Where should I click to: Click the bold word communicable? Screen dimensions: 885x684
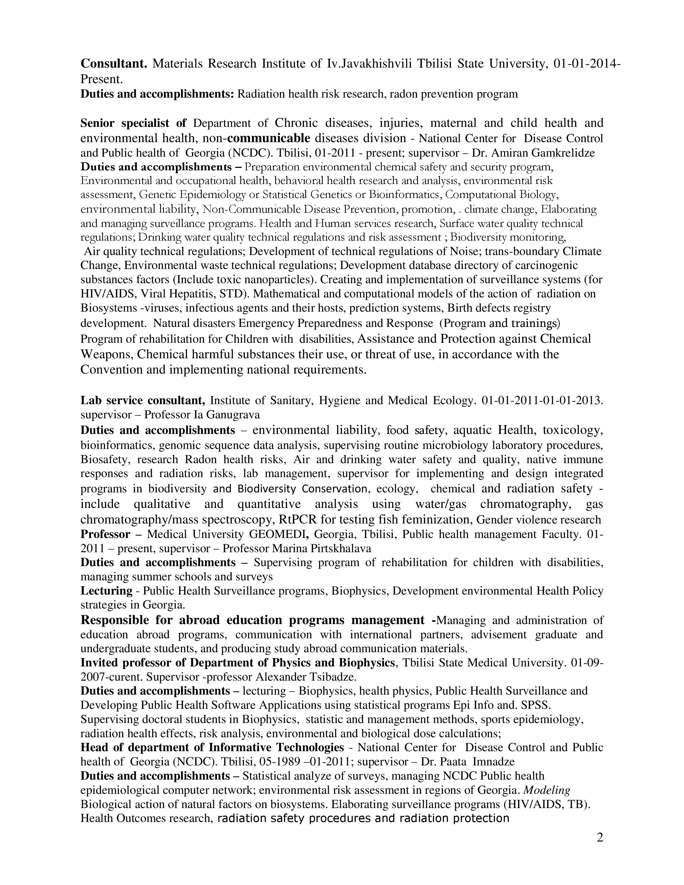click(x=269, y=138)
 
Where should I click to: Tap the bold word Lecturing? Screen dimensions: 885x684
click(x=106, y=591)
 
